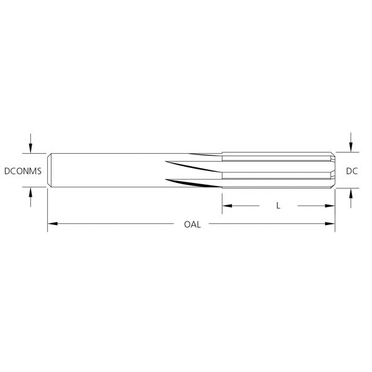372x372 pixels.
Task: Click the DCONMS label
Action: coord(23,171)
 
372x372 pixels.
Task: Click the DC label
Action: coord(352,171)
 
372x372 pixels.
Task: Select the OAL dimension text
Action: coord(192,224)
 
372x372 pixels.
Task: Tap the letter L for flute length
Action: coord(278,206)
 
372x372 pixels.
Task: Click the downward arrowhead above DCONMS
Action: coord(30,148)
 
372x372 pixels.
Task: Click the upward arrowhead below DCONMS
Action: coord(30,192)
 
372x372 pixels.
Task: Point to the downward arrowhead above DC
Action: coord(351,147)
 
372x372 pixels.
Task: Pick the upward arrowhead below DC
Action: coord(351,193)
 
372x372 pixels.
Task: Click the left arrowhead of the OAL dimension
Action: coord(53,223)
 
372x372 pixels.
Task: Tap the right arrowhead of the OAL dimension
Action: coord(330,223)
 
